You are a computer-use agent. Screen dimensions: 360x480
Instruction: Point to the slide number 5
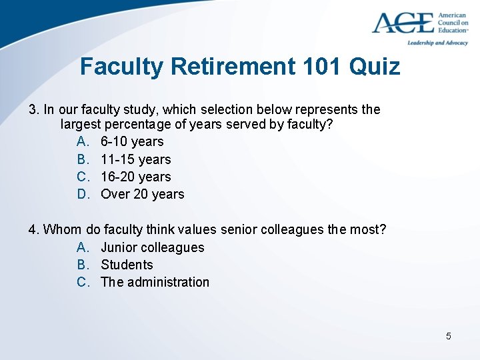coord(449,336)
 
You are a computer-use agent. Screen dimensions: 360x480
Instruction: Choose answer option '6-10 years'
coord(132,141)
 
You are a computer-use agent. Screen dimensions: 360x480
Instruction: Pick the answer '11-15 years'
coord(136,159)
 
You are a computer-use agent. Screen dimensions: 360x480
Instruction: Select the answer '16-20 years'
coord(136,177)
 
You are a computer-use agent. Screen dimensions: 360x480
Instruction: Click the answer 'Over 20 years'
coord(143,194)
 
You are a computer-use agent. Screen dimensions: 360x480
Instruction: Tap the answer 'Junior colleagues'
coord(153,247)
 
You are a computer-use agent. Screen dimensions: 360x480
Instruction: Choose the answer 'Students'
coord(127,265)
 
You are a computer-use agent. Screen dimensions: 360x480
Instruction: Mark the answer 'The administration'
coord(155,282)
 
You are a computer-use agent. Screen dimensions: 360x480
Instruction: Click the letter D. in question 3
coord(83,194)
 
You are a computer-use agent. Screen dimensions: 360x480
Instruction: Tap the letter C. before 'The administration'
coord(83,282)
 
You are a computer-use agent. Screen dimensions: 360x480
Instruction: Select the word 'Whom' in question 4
coord(63,230)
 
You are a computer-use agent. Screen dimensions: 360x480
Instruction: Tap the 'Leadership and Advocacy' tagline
coord(437,43)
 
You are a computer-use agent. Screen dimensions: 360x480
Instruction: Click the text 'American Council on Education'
coord(453,23)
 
